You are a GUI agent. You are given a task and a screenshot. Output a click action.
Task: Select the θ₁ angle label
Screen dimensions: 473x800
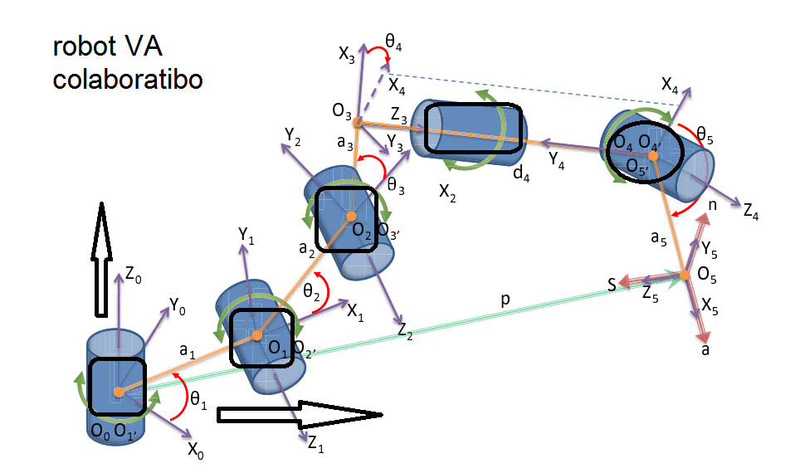point(198,400)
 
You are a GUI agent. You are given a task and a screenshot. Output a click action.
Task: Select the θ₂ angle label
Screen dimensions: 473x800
point(311,291)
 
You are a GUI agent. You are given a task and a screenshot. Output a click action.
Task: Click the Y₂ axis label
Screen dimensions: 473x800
point(291,134)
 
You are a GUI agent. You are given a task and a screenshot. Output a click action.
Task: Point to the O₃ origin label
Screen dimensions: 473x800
point(340,110)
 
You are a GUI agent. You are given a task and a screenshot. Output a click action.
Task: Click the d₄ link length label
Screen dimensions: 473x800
point(522,173)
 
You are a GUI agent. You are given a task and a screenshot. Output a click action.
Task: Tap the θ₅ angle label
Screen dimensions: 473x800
point(705,133)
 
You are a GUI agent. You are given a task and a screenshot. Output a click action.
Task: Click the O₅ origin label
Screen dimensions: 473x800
point(706,272)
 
